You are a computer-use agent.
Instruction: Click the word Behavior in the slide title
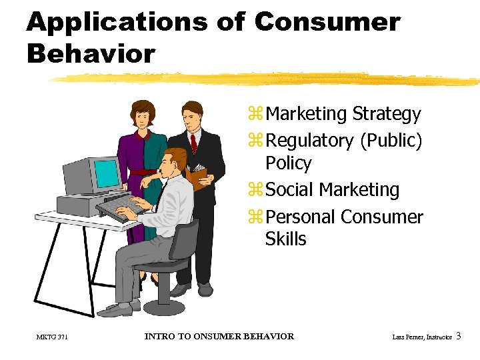coord(91,53)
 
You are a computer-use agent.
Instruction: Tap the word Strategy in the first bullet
coord(387,114)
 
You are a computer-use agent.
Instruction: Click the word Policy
coord(288,163)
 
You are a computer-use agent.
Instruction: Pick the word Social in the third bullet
coord(290,190)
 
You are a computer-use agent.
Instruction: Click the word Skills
coord(285,239)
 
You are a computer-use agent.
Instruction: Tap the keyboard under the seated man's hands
coord(123,205)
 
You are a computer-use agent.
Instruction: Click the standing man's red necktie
coord(194,143)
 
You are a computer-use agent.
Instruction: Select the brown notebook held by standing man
coord(199,177)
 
